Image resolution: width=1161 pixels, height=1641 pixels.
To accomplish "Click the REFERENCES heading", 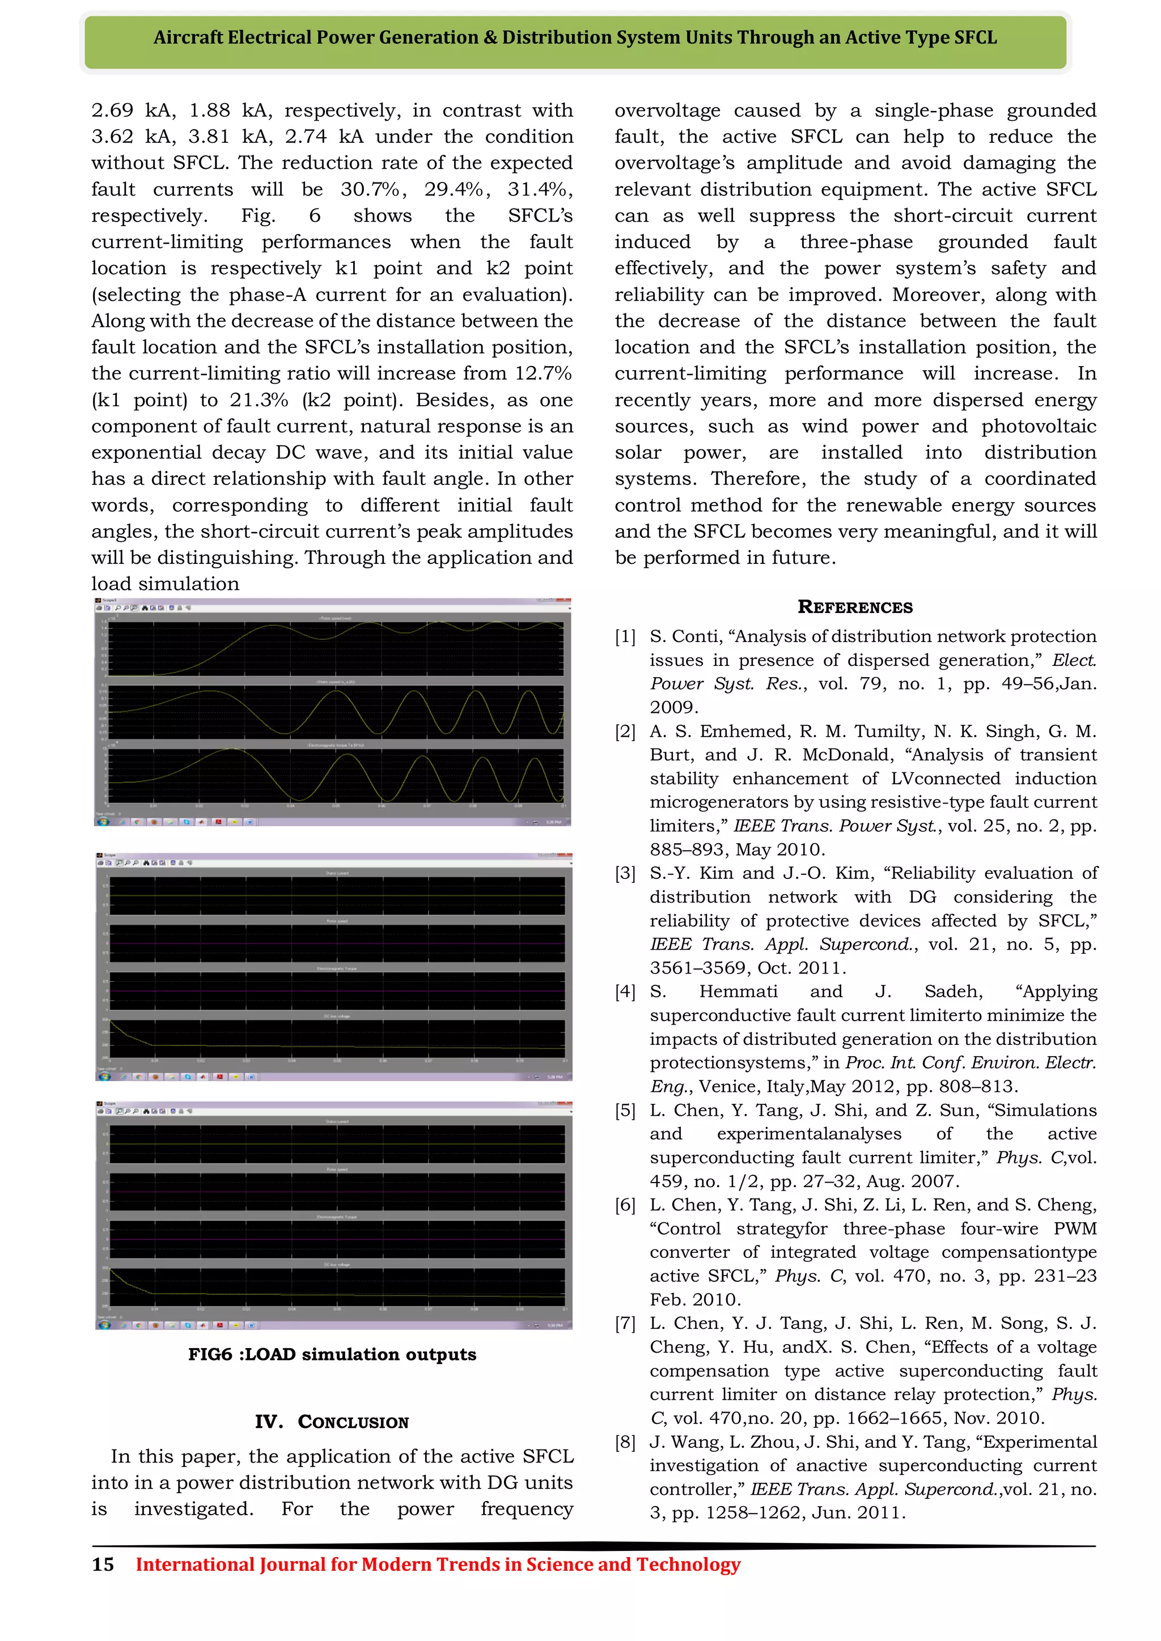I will tap(854, 607).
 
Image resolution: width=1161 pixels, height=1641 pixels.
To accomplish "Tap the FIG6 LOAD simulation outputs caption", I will tap(332, 1354).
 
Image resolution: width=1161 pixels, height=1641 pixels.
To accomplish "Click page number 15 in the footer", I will tap(103, 1564).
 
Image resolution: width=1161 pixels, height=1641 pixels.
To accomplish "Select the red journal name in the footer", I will tap(438, 1564).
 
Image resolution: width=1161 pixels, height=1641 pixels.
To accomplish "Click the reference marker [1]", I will tap(625, 636).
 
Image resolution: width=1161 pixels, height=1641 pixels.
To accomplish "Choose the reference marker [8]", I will tap(625, 1442).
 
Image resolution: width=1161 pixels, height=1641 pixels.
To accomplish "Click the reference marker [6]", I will tap(625, 1205).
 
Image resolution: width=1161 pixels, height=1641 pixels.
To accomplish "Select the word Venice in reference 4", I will tap(728, 1086).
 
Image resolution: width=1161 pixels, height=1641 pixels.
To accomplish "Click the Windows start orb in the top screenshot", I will tap(104, 822).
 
